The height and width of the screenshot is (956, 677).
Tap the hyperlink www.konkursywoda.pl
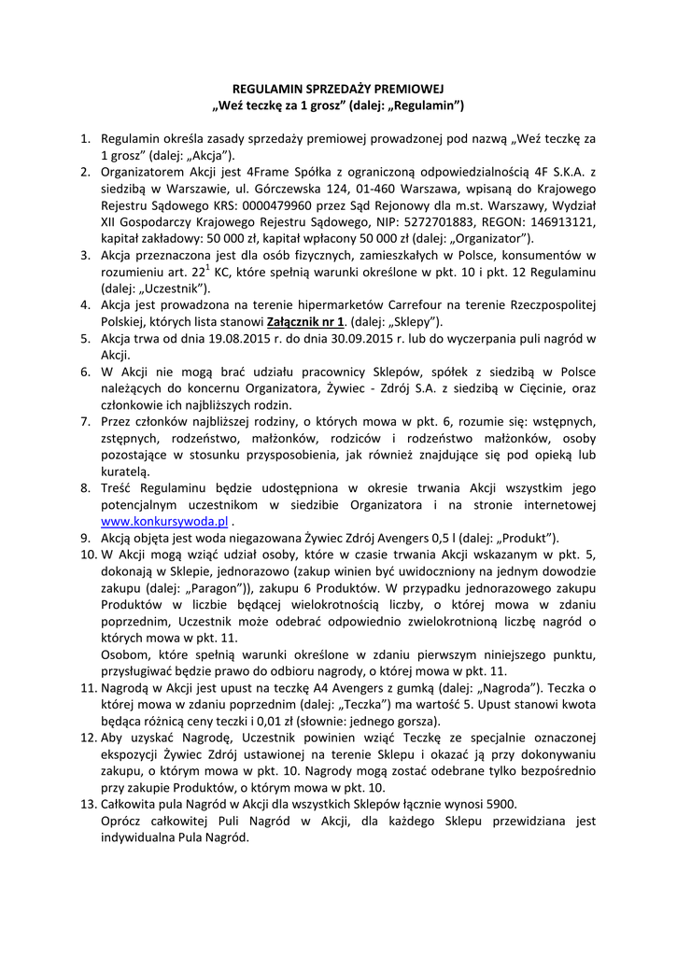coord(164,521)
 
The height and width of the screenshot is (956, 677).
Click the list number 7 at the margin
coord(84,422)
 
